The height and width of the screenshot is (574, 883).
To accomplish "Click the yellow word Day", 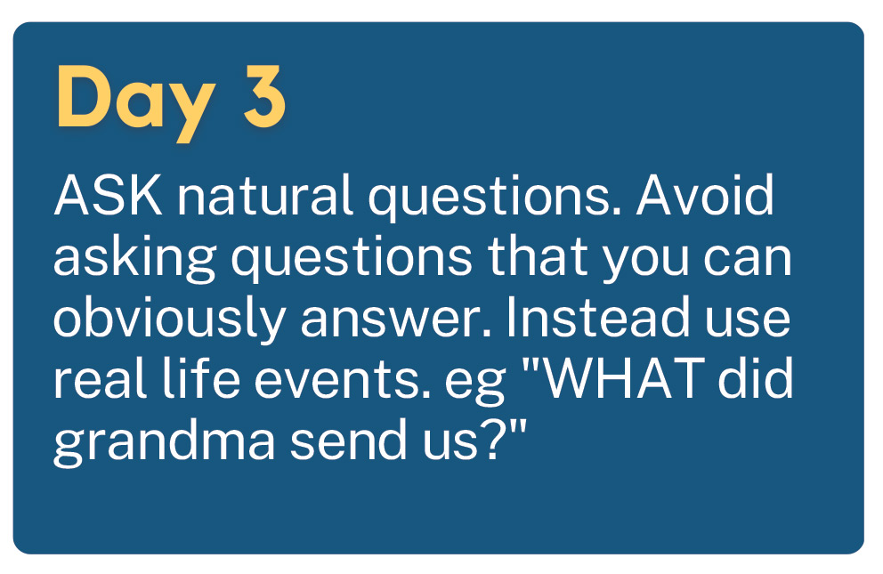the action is tap(135, 101).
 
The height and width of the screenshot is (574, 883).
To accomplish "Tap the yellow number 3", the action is tap(264, 97).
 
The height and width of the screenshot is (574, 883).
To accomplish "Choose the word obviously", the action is tap(169, 319).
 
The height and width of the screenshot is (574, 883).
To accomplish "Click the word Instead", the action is tap(597, 317).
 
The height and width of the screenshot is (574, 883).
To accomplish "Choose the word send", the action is tap(349, 439).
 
